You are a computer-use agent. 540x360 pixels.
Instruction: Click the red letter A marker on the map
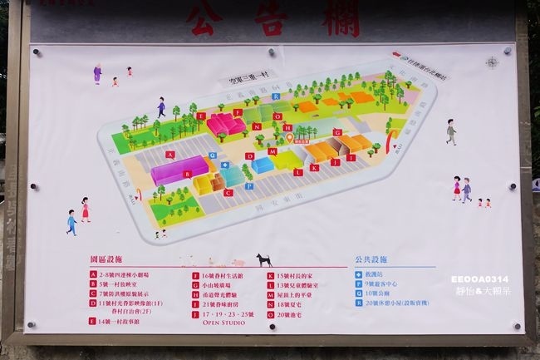[x=169, y=155]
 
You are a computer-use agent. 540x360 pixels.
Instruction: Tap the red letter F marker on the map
[x=237, y=111]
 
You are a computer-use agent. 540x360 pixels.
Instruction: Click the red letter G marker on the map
[x=336, y=132]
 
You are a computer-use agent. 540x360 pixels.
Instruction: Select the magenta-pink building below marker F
[x=226, y=126]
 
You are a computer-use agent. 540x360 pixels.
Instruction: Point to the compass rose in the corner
[x=492, y=62]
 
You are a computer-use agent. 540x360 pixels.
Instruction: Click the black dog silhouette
[x=264, y=259]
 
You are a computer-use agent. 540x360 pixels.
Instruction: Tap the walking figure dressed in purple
[x=97, y=73]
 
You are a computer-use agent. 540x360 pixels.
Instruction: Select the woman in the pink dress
[x=85, y=208]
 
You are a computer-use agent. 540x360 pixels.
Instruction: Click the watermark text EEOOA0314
[x=480, y=279]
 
